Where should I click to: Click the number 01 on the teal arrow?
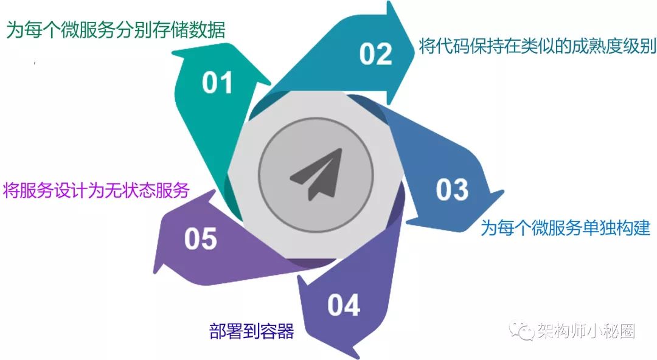click(x=218, y=83)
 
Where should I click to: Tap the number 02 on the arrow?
click(x=375, y=54)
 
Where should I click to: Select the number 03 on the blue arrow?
click(x=452, y=190)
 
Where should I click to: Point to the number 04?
click(x=344, y=305)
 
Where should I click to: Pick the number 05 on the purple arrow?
click(x=201, y=239)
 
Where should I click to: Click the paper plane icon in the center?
click(x=315, y=173)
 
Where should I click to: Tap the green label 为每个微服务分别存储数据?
click(x=116, y=30)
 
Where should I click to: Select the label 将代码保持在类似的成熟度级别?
click(x=537, y=46)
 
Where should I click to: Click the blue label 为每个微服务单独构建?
click(x=566, y=228)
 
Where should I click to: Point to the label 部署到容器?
click(x=251, y=331)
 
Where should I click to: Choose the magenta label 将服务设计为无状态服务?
click(x=96, y=190)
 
